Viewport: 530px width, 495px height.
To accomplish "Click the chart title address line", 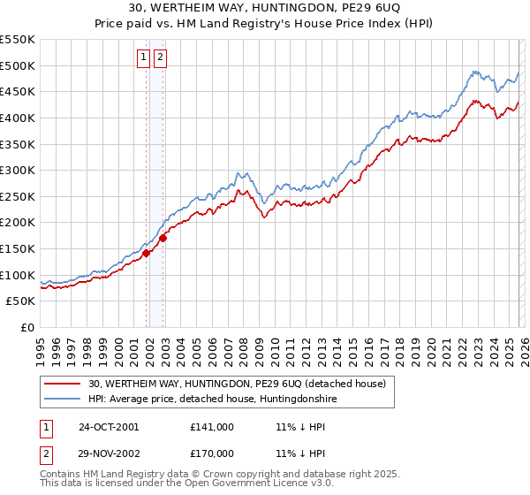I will tap(265, 8).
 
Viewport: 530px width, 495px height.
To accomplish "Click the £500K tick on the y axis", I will tap(18, 65).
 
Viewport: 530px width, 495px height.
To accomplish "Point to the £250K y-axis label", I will tap(18, 196).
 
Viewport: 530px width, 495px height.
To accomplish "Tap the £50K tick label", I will tap(21, 301).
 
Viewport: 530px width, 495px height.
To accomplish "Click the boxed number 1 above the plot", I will tap(143, 58).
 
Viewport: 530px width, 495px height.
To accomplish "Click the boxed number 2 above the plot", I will tap(160, 58).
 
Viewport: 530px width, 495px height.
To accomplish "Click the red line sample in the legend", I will tap(64, 385).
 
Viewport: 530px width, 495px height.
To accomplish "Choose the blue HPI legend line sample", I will tap(64, 400).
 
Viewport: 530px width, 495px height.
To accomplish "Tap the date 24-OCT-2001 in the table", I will tap(109, 427).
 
